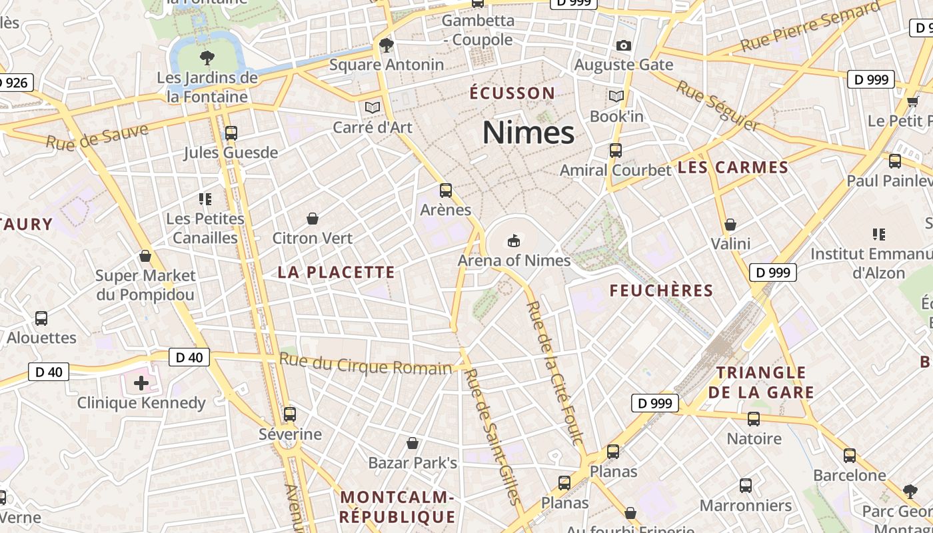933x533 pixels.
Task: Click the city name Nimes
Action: click(x=528, y=132)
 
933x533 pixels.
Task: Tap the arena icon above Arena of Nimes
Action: click(x=513, y=240)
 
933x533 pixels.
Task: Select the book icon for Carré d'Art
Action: click(x=372, y=107)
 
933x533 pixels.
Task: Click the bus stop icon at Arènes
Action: click(x=446, y=191)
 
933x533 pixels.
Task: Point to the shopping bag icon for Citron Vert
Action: click(x=312, y=218)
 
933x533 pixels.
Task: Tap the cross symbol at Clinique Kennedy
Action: click(x=141, y=382)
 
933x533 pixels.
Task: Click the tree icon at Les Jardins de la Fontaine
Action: click(x=207, y=57)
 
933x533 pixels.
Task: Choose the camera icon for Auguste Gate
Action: click(x=624, y=45)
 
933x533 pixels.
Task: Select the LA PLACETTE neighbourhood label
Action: click(x=337, y=272)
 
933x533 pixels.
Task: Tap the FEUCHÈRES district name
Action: click(x=661, y=290)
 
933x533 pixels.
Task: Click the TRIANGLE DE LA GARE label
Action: click(x=760, y=382)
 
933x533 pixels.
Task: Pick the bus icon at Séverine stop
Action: click(x=290, y=414)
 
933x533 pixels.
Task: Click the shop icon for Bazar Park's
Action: click(x=413, y=443)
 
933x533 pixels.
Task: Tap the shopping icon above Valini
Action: click(x=730, y=225)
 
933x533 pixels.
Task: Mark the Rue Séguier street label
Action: click(x=716, y=105)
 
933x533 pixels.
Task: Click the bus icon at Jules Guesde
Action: click(x=231, y=133)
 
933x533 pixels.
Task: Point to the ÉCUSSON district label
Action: click(x=512, y=93)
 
